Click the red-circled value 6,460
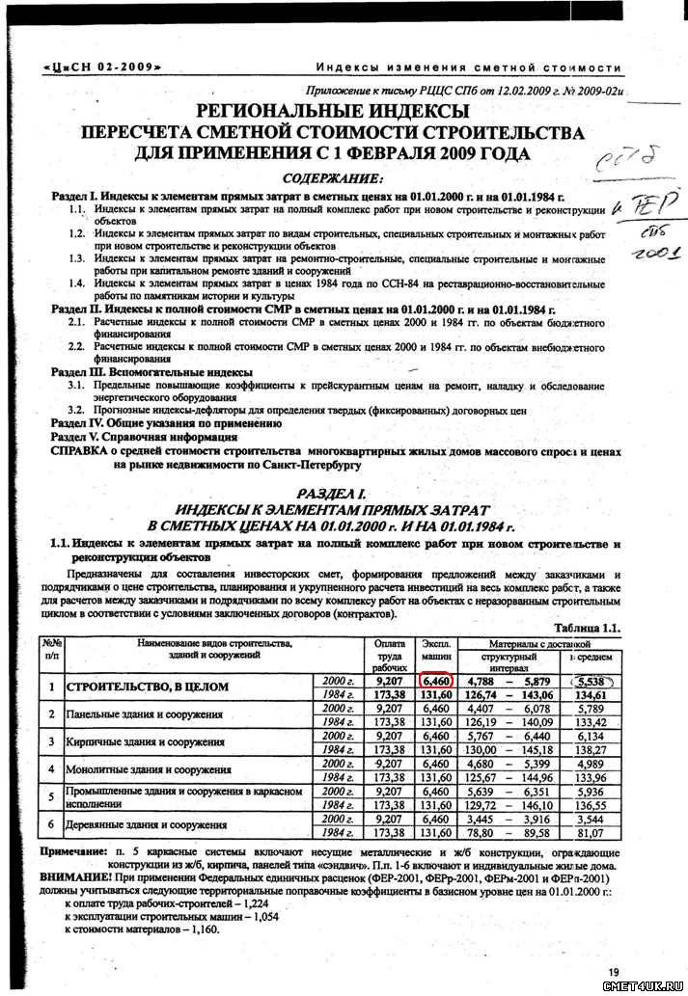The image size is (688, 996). coord(436,681)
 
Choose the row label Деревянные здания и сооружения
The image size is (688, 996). coord(142,826)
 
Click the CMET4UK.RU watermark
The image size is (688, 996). coord(644,985)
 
